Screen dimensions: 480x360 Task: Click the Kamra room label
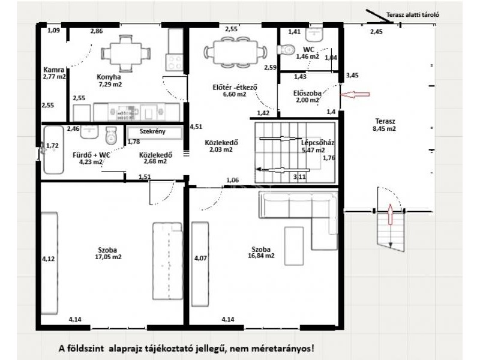pyautogui.click(x=54, y=70)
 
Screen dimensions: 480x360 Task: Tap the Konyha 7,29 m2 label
pyautogui.click(x=110, y=80)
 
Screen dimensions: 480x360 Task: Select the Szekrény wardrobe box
pyautogui.click(x=155, y=132)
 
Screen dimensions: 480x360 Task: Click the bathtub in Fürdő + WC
pyautogui.click(x=53, y=149)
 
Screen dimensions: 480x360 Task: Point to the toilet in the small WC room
pyautogui.click(x=286, y=50)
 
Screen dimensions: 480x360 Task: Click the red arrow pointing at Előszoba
pyautogui.click(x=355, y=95)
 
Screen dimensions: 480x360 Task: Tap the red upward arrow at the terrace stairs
pyautogui.click(x=391, y=214)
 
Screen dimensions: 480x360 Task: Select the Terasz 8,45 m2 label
pyautogui.click(x=384, y=125)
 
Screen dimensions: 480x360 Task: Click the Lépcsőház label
pyautogui.click(x=317, y=143)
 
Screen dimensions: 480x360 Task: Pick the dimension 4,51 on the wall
pyautogui.click(x=196, y=127)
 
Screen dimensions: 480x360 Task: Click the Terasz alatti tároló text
pyautogui.click(x=413, y=14)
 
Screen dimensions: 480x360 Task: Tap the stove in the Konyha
pyautogui.click(x=175, y=62)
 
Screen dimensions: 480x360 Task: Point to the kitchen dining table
pyautogui.click(x=126, y=53)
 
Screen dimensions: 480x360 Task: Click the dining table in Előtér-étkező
pyautogui.click(x=235, y=52)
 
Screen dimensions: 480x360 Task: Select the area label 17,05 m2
pyautogui.click(x=109, y=257)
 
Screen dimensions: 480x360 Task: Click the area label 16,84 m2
pyautogui.click(x=261, y=256)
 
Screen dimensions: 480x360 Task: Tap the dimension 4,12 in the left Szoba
pyautogui.click(x=48, y=259)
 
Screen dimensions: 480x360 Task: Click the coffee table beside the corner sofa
pyautogui.click(x=294, y=245)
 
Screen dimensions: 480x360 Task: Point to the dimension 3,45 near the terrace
pyautogui.click(x=352, y=76)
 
